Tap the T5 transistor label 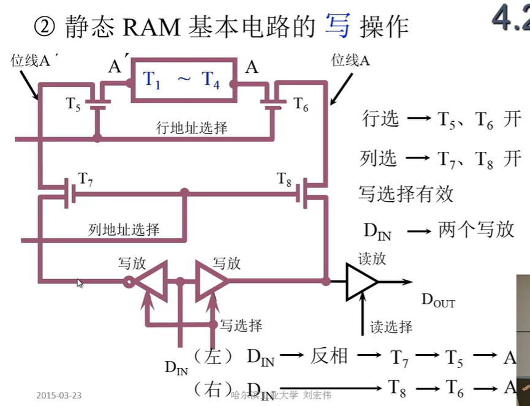pyautogui.click(x=74, y=103)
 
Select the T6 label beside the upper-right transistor pyautogui.click(x=301, y=103)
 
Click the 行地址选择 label pyautogui.click(x=192, y=128)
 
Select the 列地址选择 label pyautogui.click(x=124, y=230)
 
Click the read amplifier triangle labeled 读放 pyautogui.click(x=361, y=282)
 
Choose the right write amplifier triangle pyautogui.click(x=210, y=282)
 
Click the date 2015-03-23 pyautogui.click(x=59, y=395)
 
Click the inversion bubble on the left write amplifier pyautogui.click(x=129, y=282)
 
